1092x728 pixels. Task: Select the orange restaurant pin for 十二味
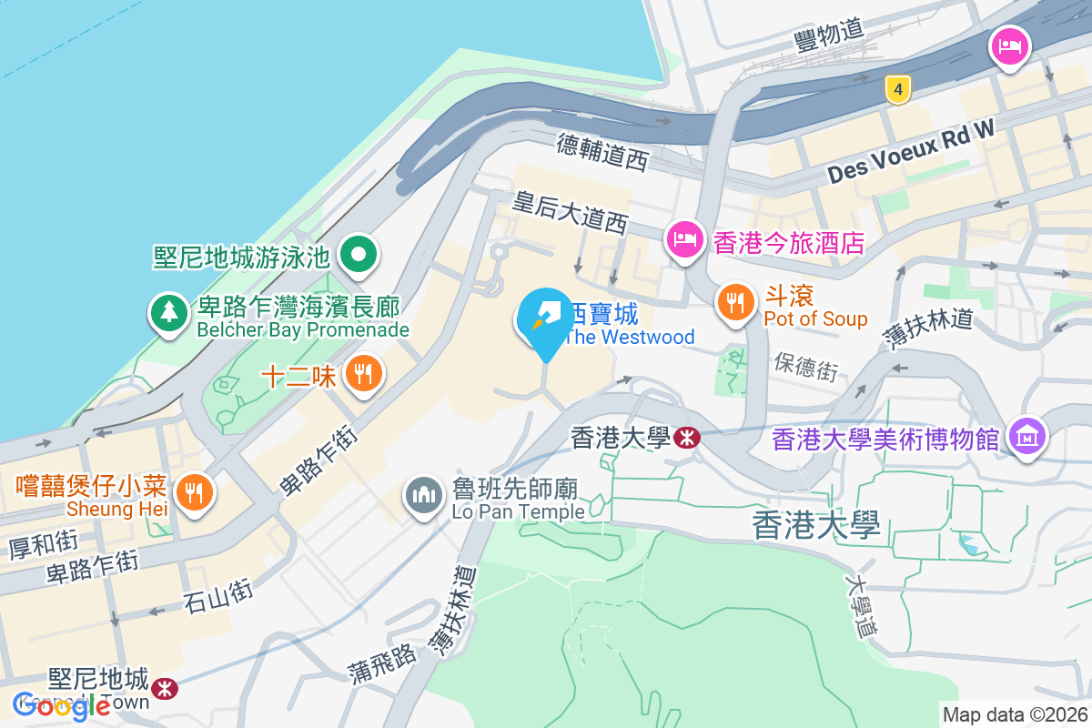coord(364,373)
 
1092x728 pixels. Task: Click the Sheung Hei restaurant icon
coord(192,492)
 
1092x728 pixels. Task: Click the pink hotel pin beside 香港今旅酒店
coord(683,241)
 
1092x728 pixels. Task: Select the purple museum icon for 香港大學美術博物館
coord(1027,438)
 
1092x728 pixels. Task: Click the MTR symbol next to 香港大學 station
coord(687,439)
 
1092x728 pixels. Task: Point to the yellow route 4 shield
coord(898,88)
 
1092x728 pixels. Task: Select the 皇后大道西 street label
coord(571,212)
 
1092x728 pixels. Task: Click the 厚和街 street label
coord(43,544)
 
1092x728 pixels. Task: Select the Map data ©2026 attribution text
coord(1015,714)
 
